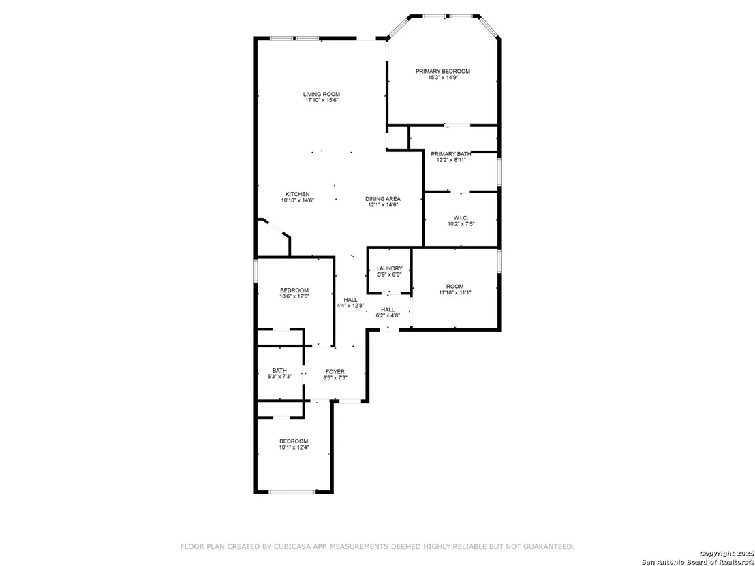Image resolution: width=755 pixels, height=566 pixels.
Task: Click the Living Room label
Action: click(x=322, y=94)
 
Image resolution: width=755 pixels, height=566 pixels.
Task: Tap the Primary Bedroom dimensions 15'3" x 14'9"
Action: click(x=443, y=77)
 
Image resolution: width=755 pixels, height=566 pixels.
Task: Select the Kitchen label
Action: click(x=298, y=194)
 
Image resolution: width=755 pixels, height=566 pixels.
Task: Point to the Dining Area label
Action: click(x=383, y=199)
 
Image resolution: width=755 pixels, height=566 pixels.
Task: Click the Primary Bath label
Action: click(x=451, y=154)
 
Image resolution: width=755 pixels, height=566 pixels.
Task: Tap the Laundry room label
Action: click(x=390, y=268)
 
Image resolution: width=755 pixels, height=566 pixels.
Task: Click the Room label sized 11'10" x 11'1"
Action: click(x=455, y=286)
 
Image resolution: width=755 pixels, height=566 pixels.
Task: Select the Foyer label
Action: click(x=335, y=372)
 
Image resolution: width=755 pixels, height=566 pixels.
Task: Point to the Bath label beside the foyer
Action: click(x=280, y=371)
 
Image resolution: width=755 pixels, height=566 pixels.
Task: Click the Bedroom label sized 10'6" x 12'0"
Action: click(x=294, y=290)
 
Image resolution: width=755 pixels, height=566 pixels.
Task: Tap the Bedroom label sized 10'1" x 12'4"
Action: click(x=294, y=441)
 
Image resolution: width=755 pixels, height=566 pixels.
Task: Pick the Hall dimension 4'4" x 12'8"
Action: click(x=350, y=306)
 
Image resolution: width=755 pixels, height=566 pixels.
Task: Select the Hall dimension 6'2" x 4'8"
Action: click(x=388, y=316)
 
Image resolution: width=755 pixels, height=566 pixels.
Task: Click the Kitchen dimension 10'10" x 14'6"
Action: click(x=298, y=200)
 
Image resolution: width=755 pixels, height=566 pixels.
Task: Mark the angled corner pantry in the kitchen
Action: click(x=273, y=238)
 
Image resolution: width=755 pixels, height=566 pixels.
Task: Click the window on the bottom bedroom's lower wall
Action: click(x=292, y=492)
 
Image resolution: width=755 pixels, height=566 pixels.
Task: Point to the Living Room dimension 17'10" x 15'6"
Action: click(x=322, y=100)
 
